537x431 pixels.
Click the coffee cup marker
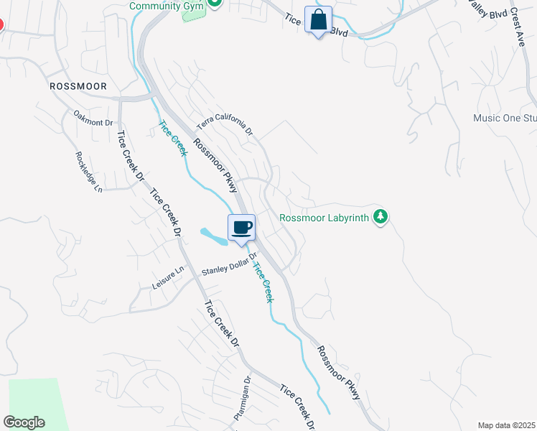(x=242, y=228)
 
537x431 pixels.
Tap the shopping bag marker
(x=318, y=19)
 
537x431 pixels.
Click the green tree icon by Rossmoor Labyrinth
(x=381, y=216)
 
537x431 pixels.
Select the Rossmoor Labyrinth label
(x=324, y=217)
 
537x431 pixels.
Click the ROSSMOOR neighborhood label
(x=78, y=86)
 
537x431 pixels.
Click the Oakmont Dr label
(x=94, y=117)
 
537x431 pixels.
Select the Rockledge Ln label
(x=89, y=172)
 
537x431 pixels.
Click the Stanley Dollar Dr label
(x=229, y=264)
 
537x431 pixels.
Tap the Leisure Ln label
(x=168, y=278)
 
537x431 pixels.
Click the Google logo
(x=24, y=422)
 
